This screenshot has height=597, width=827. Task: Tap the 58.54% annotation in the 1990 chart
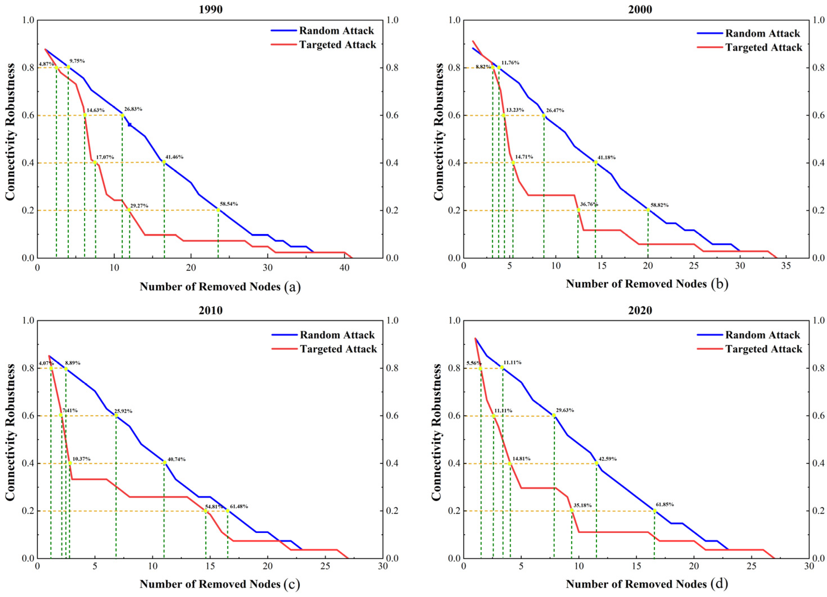(229, 204)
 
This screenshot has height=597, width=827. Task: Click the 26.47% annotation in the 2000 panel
(555, 110)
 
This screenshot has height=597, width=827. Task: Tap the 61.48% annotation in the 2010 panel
(239, 506)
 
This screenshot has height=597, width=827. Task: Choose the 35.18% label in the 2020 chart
(582, 505)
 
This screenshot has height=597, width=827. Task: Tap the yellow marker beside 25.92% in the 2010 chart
(116, 415)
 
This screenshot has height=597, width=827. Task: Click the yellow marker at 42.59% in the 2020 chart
(596, 463)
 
